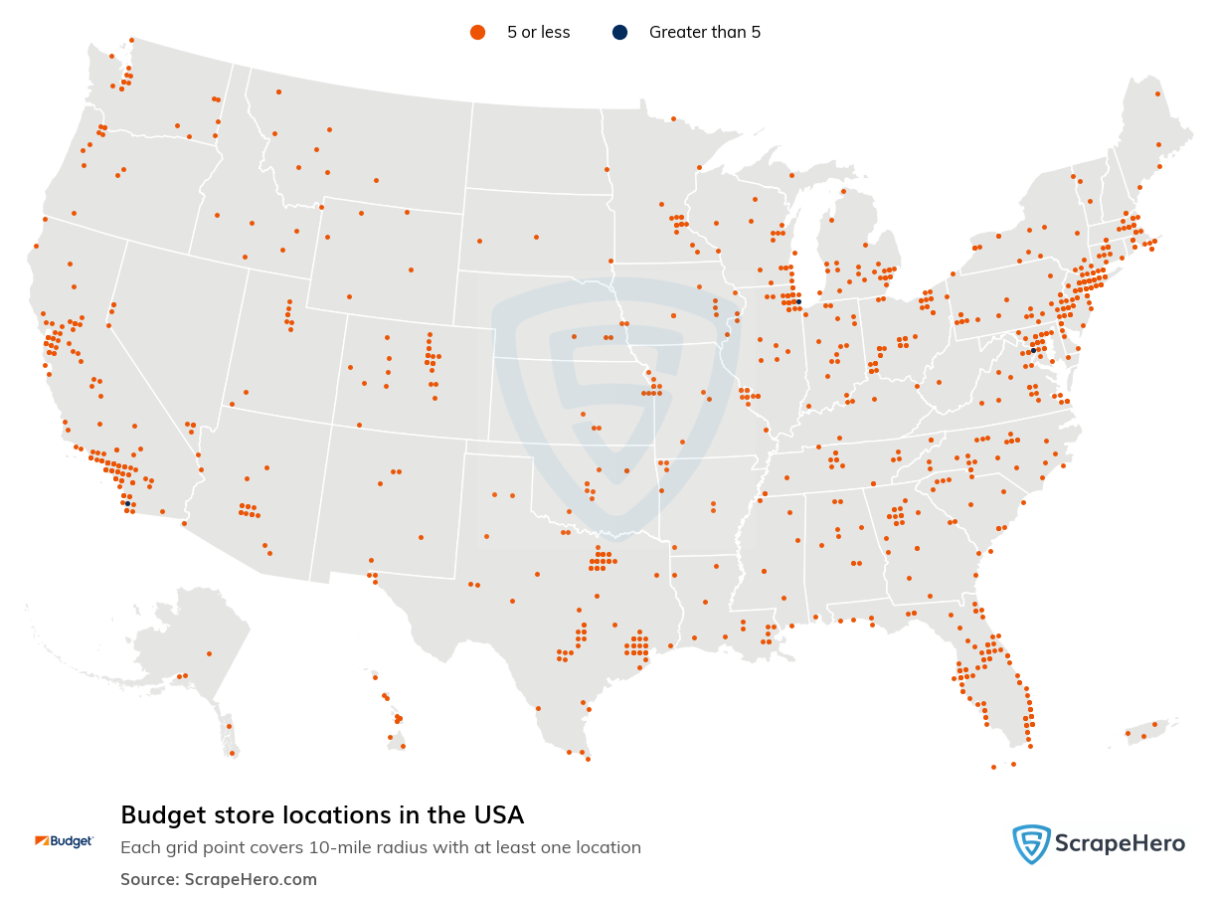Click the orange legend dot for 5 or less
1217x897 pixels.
tap(477, 33)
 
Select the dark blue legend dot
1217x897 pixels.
tap(620, 33)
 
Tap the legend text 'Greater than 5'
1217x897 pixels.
tap(704, 33)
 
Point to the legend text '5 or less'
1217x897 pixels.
tap(538, 33)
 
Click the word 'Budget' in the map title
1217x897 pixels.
tap(159, 815)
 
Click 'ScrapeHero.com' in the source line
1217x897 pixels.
tap(251, 879)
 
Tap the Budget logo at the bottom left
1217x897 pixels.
tap(64, 841)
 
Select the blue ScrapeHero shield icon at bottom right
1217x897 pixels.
tap(1031, 844)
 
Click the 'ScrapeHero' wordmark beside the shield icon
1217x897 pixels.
tap(1119, 844)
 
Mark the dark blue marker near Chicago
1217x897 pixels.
tap(798, 301)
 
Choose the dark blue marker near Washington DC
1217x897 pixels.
tap(1033, 350)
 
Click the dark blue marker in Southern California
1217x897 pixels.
tap(127, 504)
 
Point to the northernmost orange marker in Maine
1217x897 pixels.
tap(1157, 94)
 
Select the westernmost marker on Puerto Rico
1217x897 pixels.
tap(1128, 734)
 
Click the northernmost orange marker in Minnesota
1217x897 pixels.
tap(673, 118)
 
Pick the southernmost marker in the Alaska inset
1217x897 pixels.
tap(232, 753)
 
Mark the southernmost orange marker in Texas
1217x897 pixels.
tap(588, 759)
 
